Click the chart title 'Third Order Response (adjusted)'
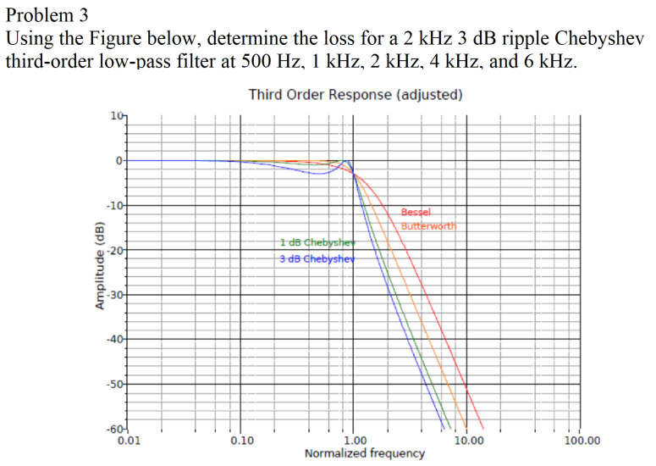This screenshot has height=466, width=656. pos(356,94)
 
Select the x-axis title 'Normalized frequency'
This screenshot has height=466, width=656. pos(365,453)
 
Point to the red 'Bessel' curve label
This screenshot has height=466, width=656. pos(416,213)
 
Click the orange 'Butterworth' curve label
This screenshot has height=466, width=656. pos(428,226)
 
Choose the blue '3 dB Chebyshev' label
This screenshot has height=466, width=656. pos(316,258)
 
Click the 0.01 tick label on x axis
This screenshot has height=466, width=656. pos(129,441)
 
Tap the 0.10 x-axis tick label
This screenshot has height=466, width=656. pos(241,441)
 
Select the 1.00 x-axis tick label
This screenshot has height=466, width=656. pos(356,441)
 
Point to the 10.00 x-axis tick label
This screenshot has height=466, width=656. pos(469,441)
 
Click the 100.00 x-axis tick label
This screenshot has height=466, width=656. pos(582,441)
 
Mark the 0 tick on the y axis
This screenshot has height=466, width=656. pos(119,160)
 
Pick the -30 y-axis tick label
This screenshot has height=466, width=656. pos(115,295)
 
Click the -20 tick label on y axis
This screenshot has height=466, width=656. pos(115,250)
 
